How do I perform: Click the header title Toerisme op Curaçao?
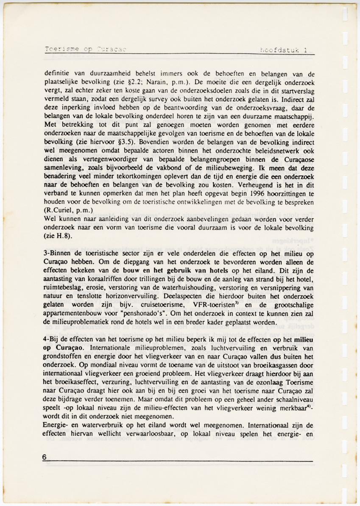(x=85, y=49)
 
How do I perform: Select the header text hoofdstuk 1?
(x=285, y=50)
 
